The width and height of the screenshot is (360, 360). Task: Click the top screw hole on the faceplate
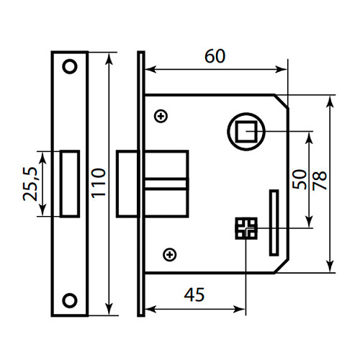(x=70, y=66)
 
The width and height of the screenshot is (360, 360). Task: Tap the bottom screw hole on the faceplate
(x=70, y=299)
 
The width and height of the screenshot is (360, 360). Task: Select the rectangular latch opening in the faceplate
(x=70, y=183)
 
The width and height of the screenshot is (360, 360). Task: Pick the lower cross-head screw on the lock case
(x=170, y=253)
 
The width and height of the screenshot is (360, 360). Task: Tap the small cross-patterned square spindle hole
(x=246, y=229)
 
